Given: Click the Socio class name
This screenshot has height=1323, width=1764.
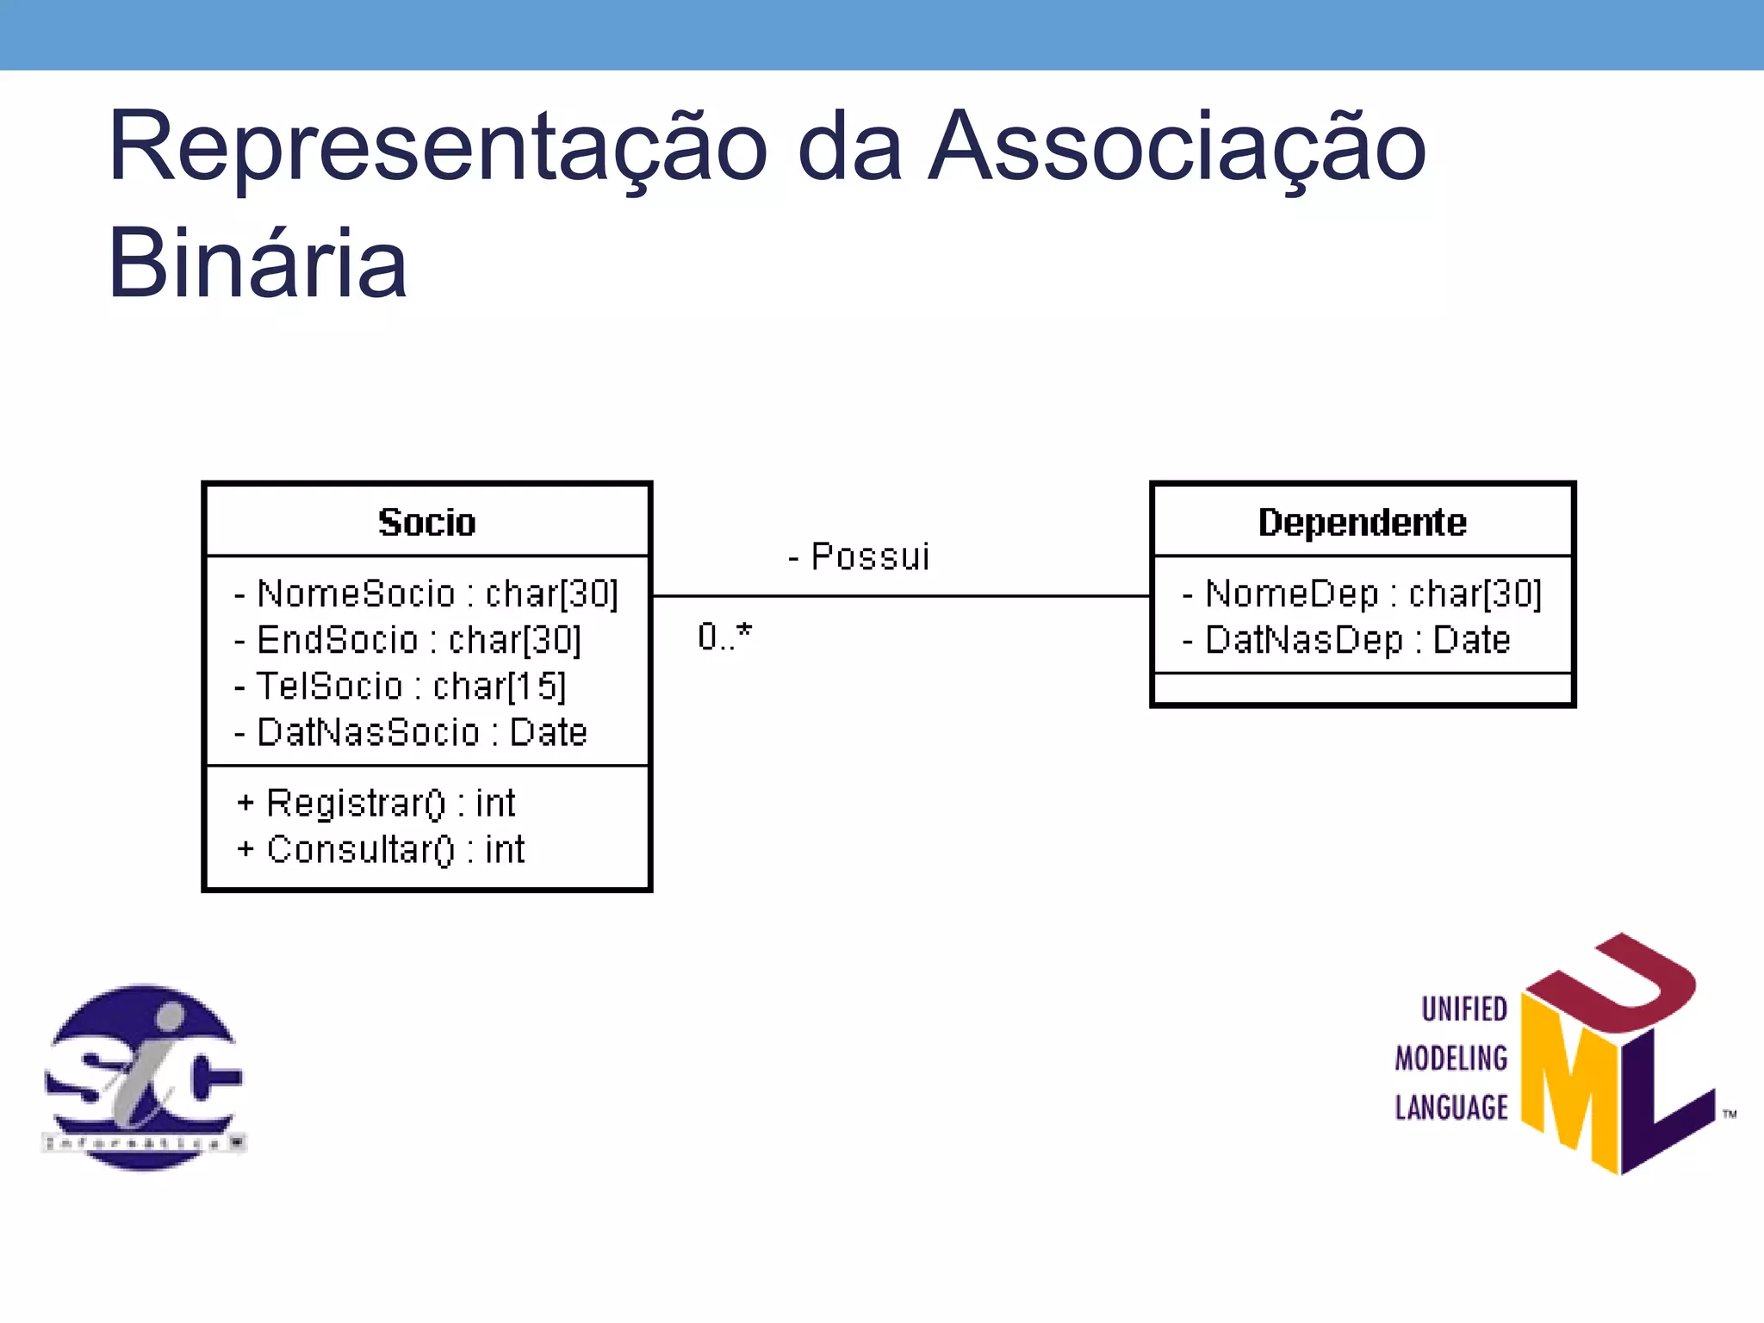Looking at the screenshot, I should point(426,523).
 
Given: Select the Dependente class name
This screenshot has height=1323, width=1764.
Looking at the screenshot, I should point(1362,523).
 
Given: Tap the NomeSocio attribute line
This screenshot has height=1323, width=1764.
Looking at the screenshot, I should point(426,594).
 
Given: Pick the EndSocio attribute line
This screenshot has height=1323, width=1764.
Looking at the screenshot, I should point(408,641).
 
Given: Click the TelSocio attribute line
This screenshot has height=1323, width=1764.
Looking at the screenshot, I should point(401,686).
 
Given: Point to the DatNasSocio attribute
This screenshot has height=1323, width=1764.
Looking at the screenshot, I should point(411,733).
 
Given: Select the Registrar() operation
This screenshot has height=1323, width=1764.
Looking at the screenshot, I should point(376,804).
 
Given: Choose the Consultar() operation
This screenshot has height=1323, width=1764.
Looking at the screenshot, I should point(381,850).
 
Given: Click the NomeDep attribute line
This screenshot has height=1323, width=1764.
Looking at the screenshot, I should point(1362,594).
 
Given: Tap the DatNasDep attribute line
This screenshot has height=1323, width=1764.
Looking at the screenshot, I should point(1346,641).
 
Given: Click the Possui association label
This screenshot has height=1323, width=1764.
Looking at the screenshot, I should point(860,557).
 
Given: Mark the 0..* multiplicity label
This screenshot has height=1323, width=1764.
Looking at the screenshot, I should point(724,637).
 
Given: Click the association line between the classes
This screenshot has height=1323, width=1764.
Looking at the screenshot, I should point(901,595).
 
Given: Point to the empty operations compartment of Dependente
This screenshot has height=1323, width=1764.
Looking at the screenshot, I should point(1362,689).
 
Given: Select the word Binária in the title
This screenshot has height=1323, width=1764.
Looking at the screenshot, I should point(257,264).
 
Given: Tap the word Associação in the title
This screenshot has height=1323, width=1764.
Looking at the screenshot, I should point(1177,146).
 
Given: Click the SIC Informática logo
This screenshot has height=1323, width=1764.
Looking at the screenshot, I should point(144,1077).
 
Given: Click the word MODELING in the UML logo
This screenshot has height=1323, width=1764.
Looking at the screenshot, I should point(1451,1059).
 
